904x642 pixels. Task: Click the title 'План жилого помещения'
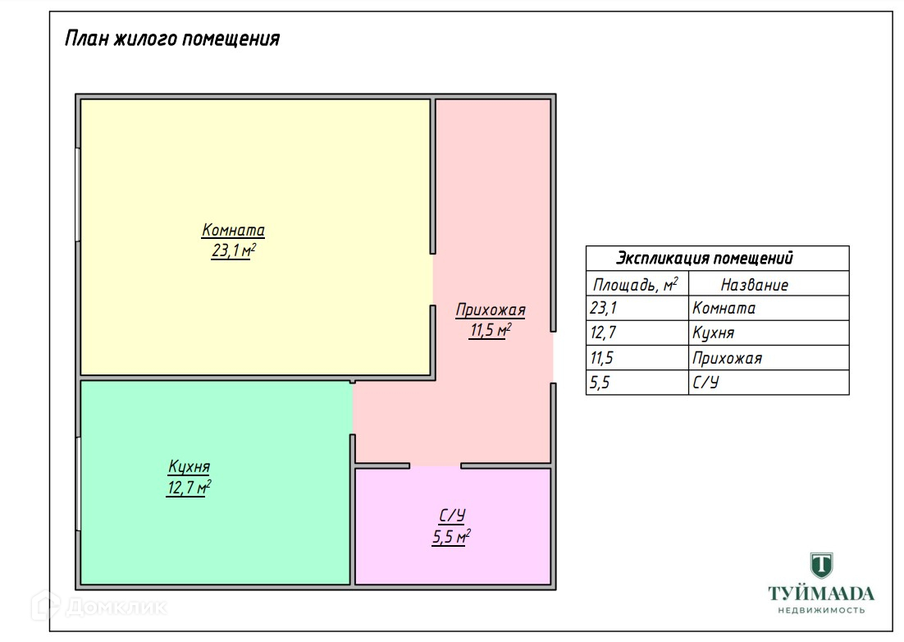point(172,39)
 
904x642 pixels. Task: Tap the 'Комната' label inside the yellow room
point(233,231)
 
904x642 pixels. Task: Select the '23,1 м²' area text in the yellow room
point(234,251)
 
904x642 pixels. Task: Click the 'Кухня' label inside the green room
point(189,467)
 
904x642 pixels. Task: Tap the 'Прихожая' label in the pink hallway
point(491,310)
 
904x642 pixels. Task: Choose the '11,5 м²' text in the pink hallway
point(491,331)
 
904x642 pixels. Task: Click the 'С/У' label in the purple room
point(452,516)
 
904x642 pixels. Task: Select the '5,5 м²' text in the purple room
point(451,538)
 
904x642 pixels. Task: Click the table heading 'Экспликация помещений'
point(704,259)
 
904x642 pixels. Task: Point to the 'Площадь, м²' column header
point(636,285)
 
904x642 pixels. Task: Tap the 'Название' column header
point(754,285)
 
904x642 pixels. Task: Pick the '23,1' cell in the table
point(602,309)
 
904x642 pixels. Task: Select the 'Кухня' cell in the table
point(713,333)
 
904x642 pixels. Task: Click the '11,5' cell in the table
point(602,358)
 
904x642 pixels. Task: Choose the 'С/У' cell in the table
point(705,383)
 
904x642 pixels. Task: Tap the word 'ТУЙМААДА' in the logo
point(820,594)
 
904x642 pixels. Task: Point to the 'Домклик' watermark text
point(115,608)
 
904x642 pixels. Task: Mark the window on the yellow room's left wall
point(78,194)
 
